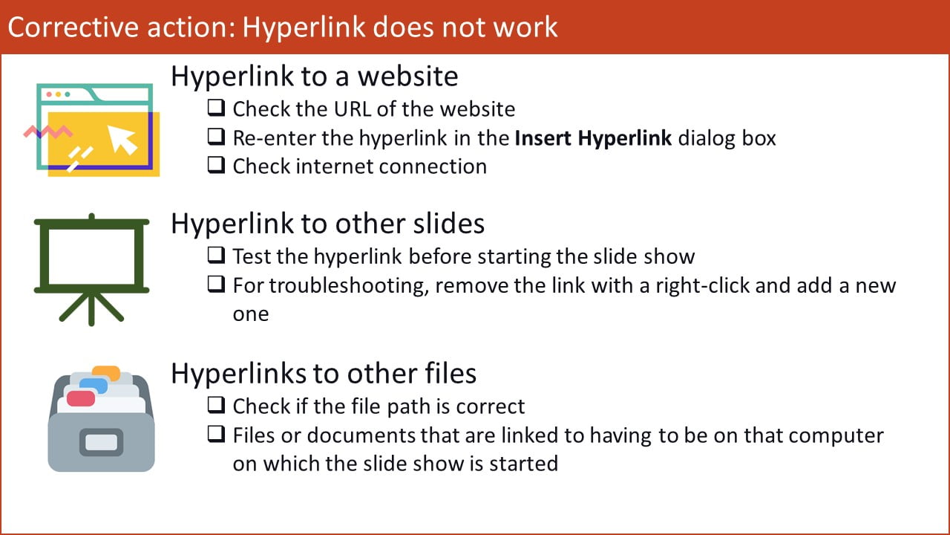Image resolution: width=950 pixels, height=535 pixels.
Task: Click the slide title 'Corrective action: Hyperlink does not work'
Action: (282, 27)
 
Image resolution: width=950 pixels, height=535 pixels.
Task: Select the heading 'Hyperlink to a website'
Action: (314, 76)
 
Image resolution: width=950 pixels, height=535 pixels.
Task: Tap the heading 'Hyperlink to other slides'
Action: (327, 224)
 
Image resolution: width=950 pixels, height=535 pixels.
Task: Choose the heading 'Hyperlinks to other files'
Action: (323, 372)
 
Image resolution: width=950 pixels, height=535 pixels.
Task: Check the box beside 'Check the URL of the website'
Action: (216, 108)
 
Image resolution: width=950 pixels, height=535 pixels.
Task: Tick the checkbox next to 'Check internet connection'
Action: (216, 166)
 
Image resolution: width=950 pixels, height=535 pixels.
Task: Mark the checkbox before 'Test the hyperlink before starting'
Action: (216, 256)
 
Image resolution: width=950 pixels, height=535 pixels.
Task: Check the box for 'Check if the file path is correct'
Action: (216, 406)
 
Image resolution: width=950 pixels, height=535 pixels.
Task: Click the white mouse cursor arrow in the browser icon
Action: (122, 139)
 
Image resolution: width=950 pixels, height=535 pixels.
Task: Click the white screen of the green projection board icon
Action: (91, 254)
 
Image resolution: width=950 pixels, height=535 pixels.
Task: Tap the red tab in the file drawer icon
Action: (81, 398)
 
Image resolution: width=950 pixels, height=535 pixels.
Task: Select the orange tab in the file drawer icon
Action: (106, 372)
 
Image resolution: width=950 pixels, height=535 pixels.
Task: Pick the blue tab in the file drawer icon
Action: (94, 385)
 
